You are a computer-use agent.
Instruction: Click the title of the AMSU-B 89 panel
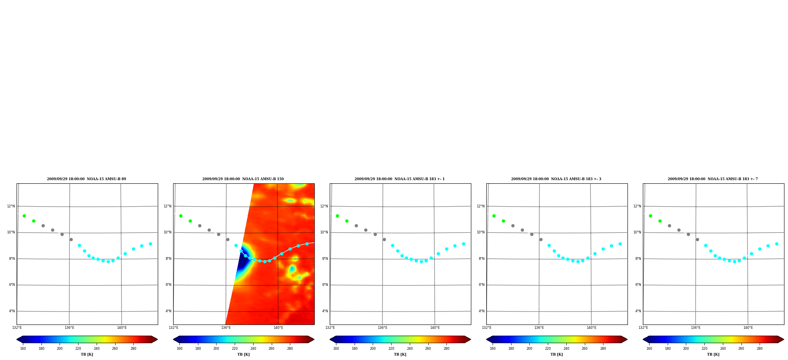coord(86,179)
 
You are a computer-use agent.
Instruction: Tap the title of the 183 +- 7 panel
coord(713,179)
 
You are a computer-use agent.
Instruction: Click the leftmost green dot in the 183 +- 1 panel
coord(337,216)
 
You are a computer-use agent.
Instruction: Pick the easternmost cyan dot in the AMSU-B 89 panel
coord(150,244)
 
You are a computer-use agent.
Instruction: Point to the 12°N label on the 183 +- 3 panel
coord(481,206)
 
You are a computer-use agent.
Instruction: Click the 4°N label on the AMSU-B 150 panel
coord(168,311)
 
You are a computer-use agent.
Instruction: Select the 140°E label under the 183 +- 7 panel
coord(748,328)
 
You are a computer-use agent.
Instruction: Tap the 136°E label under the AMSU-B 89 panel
coord(69,328)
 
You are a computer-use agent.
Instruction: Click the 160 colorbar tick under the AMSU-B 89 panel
coord(23,349)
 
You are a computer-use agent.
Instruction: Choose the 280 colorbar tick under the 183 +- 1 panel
coord(446,349)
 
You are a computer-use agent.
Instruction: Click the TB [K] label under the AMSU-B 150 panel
coord(243,354)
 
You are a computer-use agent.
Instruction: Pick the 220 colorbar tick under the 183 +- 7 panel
coord(704,349)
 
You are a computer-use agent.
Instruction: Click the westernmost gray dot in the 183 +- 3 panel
coord(513,226)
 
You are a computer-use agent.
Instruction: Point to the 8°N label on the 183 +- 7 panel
coord(638,259)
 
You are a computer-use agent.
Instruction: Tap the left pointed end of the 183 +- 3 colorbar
coord(487,339)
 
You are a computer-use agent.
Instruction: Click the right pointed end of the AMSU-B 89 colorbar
coord(157,339)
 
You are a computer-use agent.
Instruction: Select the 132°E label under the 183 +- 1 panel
coord(330,328)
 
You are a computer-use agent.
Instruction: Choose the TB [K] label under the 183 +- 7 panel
coord(713,354)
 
